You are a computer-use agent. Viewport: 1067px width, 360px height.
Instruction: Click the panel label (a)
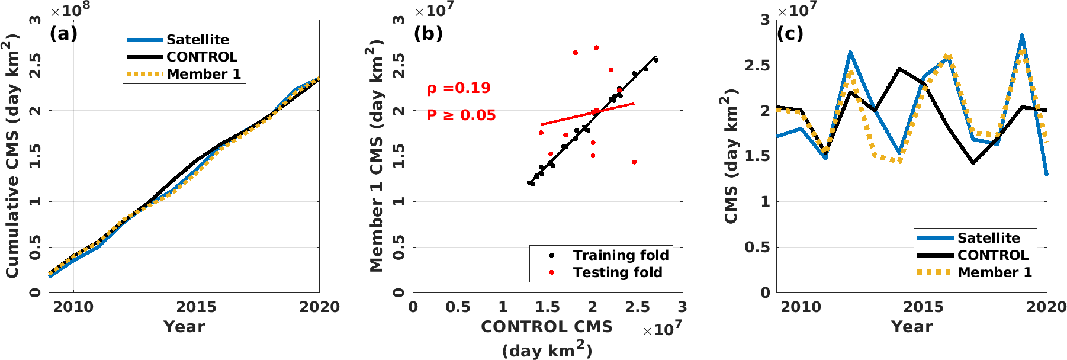click(63, 34)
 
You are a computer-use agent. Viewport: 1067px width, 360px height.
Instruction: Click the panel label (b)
click(428, 34)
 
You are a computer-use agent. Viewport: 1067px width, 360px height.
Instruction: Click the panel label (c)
click(790, 34)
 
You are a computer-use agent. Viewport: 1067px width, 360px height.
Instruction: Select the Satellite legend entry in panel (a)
click(197, 40)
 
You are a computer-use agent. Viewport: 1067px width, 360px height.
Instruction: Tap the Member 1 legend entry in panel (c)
click(994, 272)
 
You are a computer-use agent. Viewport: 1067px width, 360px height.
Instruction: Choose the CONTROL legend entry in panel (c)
click(992, 255)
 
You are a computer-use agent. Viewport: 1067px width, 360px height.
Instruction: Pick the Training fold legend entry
click(620, 255)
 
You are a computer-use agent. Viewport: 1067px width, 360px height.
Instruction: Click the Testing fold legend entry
click(617, 272)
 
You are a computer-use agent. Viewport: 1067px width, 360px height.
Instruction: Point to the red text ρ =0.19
click(459, 88)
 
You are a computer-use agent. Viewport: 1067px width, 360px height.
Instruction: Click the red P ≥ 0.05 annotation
click(461, 115)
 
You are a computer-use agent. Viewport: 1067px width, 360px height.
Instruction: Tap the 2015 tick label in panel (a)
click(197, 307)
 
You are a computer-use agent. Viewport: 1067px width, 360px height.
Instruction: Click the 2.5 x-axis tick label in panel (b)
click(638, 307)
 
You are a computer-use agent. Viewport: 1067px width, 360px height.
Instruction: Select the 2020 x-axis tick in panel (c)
click(1046, 307)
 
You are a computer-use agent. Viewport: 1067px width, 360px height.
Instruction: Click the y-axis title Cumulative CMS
click(13, 156)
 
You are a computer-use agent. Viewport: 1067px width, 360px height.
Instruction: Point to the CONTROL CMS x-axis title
click(547, 327)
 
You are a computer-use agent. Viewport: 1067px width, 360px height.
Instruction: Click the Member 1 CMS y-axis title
click(377, 156)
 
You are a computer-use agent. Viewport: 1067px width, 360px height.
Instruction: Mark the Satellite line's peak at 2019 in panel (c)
click(1022, 36)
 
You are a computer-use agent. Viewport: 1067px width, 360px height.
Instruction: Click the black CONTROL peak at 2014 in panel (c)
click(899, 69)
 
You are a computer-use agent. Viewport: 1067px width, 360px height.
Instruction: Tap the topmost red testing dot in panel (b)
click(596, 47)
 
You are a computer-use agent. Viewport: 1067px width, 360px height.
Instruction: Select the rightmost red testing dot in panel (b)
click(634, 162)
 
